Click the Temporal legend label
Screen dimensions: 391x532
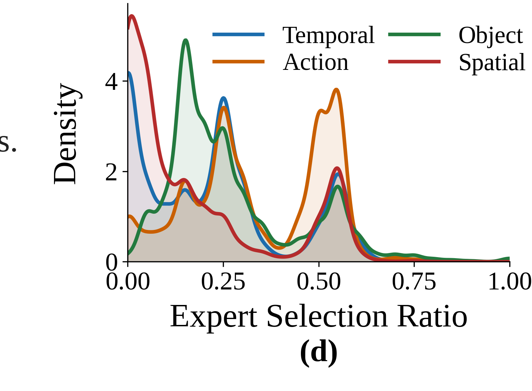(x=328, y=35)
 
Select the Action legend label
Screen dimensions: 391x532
(x=316, y=63)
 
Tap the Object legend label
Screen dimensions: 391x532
(x=491, y=35)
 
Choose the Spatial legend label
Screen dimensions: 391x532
(x=492, y=63)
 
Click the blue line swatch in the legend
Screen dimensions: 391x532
(x=238, y=34)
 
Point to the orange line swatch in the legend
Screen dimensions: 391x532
(x=238, y=62)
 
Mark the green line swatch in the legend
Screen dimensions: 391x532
(x=414, y=34)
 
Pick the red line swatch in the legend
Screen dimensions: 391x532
(x=414, y=62)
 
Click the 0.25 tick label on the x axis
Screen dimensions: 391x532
(x=223, y=282)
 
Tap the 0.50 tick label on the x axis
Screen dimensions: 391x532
(x=319, y=282)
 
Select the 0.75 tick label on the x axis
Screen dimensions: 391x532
(x=414, y=282)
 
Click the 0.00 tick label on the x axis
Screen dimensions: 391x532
(x=128, y=282)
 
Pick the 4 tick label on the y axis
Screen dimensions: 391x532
(x=111, y=82)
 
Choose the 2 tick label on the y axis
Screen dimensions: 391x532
(x=111, y=172)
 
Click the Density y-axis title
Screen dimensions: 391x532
(x=66, y=134)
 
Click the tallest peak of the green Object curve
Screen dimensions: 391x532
(x=186, y=40)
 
